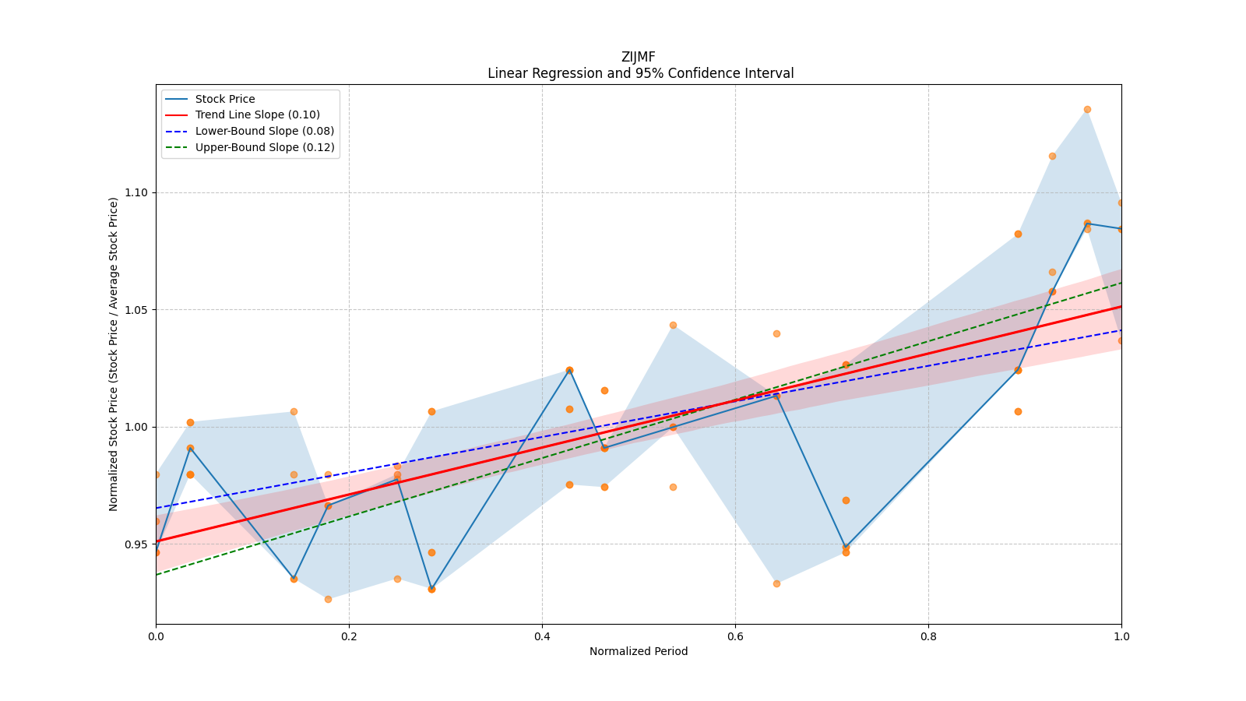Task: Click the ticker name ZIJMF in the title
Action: pos(638,57)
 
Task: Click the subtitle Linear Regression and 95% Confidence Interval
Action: pos(640,73)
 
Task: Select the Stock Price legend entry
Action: pos(224,99)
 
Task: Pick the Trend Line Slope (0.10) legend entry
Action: pos(257,115)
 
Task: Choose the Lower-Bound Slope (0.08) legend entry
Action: pos(264,131)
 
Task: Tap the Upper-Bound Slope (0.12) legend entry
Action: pos(264,147)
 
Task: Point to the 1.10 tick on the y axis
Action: pos(137,192)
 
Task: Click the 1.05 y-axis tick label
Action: pos(137,310)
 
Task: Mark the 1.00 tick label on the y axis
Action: pos(137,427)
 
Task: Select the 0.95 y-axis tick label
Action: pos(137,544)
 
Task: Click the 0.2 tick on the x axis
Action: pos(349,636)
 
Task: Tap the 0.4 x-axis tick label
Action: pos(542,636)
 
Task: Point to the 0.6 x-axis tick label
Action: pos(735,636)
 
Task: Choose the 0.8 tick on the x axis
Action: pos(928,636)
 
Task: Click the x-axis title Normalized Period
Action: pos(638,651)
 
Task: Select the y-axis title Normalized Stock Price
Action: pos(114,354)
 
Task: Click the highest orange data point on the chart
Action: pos(1087,109)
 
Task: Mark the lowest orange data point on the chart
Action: pos(328,599)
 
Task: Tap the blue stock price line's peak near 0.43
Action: pos(569,370)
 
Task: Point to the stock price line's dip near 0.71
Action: pos(846,548)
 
